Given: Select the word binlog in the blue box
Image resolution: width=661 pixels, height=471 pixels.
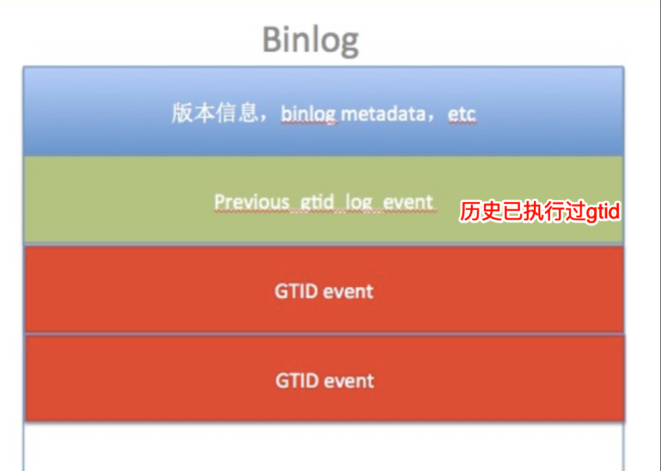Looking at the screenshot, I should click(x=308, y=114).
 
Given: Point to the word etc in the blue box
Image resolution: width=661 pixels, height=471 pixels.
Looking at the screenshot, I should click(x=462, y=114).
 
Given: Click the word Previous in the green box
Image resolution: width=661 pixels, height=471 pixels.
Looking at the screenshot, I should click(x=252, y=201).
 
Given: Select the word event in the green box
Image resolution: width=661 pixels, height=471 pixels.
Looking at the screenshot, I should click(x=408, y=201).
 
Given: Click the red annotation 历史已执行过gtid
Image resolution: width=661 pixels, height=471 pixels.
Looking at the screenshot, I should click(x=539, y=213).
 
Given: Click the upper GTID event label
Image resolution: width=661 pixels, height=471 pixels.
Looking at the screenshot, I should click(x=324, y=291).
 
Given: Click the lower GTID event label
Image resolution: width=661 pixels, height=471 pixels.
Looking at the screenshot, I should click(x=325, y=380).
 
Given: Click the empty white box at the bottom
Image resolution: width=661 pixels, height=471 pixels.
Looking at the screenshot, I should click(x=324, y=446).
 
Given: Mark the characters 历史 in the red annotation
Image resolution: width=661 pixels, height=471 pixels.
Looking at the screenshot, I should click(x=480, y=213).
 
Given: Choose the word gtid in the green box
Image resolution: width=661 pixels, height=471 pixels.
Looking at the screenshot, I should click(x=317, y=202).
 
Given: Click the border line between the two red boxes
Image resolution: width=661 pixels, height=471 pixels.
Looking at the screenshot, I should click(x=324, y=334).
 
